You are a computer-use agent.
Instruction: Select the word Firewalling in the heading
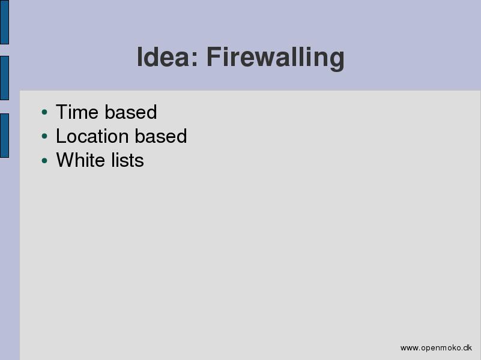(276, 59)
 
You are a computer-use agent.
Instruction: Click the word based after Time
(131, 112)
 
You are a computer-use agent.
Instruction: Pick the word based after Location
(161, 136)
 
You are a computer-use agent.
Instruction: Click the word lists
(127, 160)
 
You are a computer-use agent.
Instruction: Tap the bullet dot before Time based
(44, 112)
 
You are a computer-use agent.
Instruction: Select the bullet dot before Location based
(44, 136)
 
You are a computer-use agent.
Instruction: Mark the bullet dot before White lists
(44, 160)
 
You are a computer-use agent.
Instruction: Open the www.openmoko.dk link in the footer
(436, 348)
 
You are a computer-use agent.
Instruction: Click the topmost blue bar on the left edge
(4, 22)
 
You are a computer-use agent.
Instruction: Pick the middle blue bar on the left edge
(4, 78)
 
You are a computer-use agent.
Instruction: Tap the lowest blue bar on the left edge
(4, 136)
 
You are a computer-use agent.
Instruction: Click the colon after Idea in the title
(195, 59)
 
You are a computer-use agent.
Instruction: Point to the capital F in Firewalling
(214, 57)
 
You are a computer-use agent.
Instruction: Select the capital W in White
(65, 160)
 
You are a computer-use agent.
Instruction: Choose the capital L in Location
(61, 136)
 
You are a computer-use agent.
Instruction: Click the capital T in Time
(62, 112)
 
